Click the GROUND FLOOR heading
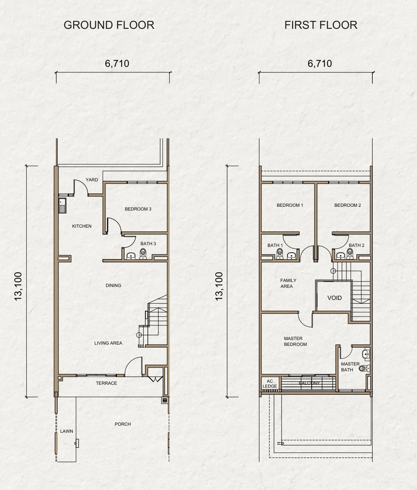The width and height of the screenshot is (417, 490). (109, 25)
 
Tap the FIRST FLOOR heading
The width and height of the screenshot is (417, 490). (321, 25)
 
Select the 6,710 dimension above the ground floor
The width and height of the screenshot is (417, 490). (117, 63)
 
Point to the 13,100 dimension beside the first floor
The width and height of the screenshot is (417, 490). (219, 286)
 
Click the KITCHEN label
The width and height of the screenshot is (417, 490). (81, 226)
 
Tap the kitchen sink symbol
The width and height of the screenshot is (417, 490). (62, 205)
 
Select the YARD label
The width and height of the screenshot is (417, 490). (92, 180)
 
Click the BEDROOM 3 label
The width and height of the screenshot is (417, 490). (138, 209)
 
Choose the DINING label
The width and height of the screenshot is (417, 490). (113, 285)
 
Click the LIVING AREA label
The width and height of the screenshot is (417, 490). (108, 343)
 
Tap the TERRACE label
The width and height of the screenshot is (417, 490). (106, 383)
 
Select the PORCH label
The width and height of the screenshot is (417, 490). (122, 424)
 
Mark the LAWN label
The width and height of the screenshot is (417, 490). (66, 431)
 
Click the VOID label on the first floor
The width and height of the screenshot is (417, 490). (334, 298)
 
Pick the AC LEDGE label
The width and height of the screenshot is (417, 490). (270, 384)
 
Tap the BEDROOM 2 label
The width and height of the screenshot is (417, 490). (348, 205)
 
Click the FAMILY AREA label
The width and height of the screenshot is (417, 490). (288, 283)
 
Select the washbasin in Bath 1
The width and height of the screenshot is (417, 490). (291, 256)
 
